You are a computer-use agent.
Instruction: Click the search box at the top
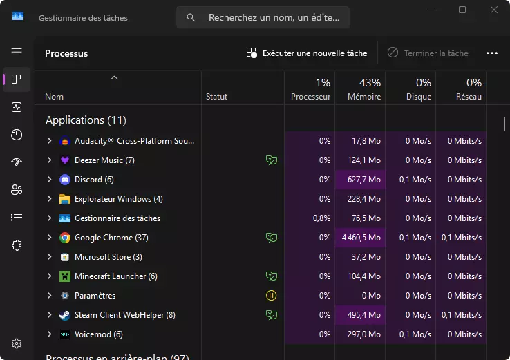point(263,18)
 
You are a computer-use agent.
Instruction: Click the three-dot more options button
point(492,53)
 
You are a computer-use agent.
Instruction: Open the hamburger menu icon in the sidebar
point(17,52)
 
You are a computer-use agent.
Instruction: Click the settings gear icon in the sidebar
point(17,343)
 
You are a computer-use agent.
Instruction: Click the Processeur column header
point(310,89)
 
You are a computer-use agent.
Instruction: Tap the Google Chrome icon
point(65,238)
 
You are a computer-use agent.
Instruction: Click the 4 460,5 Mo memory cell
point(361,238)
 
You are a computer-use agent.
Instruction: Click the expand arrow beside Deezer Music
point(49,160)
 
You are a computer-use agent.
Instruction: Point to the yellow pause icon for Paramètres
point(272,296)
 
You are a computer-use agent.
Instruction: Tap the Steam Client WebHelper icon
point(65,315)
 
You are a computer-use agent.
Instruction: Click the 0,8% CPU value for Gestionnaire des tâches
point(320,218)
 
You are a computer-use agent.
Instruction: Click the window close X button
point(493,10)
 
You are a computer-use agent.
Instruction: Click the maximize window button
point(462,10)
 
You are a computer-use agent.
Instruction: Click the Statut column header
point(216,97)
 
